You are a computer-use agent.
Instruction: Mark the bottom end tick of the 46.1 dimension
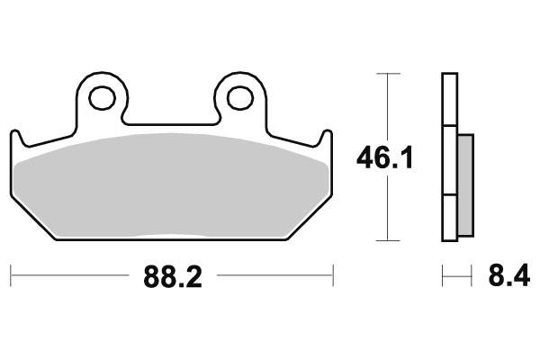[387, 240]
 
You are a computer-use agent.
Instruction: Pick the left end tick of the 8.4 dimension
[442, 273]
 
